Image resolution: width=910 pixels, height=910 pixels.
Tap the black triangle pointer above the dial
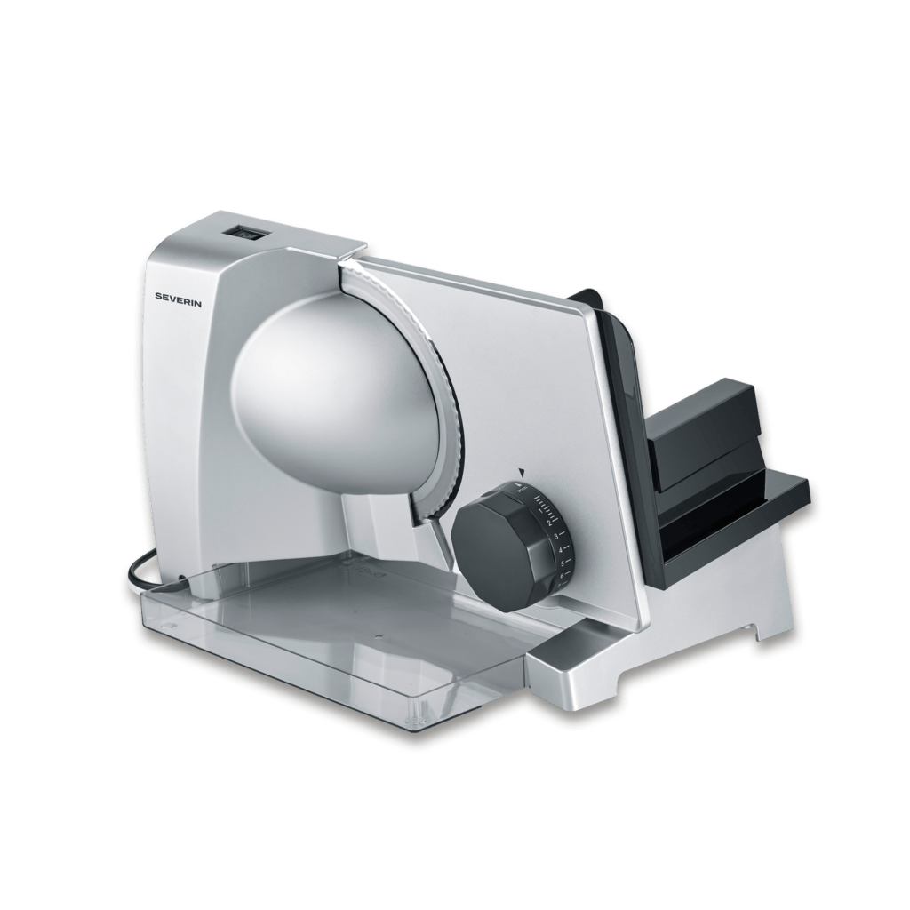click(523, 473)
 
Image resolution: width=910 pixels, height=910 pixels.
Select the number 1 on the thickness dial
click(541, 510)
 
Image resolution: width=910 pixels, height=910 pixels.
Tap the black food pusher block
click(702, 427)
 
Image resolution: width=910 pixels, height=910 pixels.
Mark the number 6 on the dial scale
click(562, 575)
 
